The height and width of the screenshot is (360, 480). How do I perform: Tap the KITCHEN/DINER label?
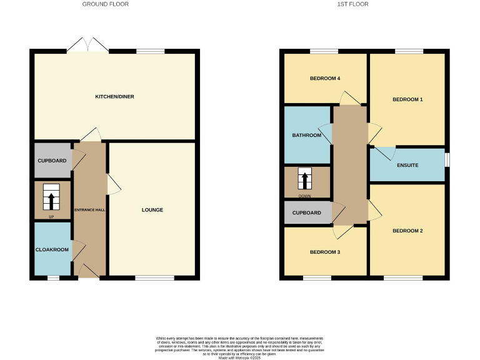(x=114, y=97)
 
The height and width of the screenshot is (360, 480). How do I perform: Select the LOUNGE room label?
(x=152, y=210)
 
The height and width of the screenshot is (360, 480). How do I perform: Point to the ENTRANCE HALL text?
(x=90, y=210)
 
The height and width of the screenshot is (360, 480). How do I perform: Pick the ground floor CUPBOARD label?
(x=52, y=161)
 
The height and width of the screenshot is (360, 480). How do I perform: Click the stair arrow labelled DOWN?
(x=305, y=180)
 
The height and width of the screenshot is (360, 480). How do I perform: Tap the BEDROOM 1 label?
(x=407, y=100)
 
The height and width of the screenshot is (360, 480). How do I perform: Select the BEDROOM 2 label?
(x=407, y=231)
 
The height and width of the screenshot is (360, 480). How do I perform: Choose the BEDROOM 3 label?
(x=325, y=252)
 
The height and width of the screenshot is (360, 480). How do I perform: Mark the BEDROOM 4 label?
(x=325, y=79)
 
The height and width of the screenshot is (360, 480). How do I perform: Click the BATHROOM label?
(x=307, y=136)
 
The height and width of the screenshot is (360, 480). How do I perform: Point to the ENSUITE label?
(x=407, y=165)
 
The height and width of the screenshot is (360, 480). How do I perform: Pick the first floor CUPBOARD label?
(x=307, y=213)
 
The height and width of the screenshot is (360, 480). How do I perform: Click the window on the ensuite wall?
(x=447, y=159)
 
